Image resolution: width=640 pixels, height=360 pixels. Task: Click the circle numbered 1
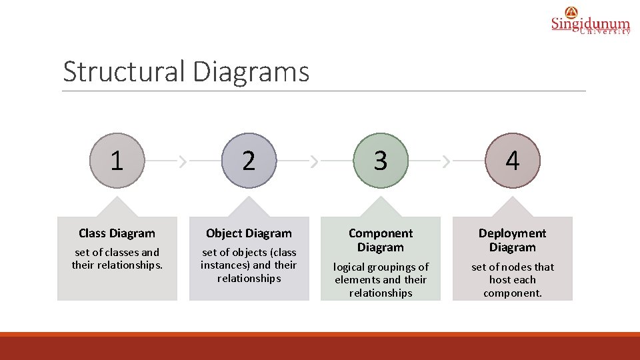[117, 161]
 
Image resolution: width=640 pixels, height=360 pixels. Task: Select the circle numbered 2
[249, 161]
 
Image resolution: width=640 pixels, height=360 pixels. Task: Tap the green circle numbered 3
[381, 161]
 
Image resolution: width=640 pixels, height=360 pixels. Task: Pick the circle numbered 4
[513, 161]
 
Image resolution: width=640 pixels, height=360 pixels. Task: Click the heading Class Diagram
[117, 233]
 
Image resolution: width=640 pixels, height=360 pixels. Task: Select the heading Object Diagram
[249, 233]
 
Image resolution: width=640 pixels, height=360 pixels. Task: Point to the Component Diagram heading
[381, 240]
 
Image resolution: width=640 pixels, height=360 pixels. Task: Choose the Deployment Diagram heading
[513, 240]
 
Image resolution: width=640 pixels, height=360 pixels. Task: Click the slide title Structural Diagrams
[186, 72]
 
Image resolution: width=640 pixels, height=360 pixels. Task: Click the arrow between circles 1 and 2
[183, 161]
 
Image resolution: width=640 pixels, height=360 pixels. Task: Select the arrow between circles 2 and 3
[315, 161]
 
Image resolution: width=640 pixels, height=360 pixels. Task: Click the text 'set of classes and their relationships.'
[117, 259]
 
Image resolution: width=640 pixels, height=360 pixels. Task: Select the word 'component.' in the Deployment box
[513, 293]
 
